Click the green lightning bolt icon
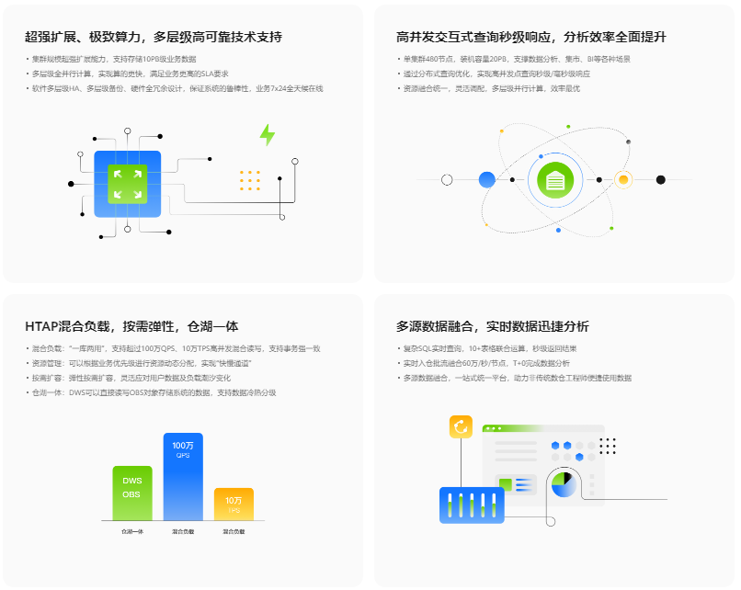pyautogui.click(x=268, y=135)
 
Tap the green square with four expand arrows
pyautogui.click(x=127, y=184)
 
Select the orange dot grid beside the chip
pyautogui.click(x=249, y=180)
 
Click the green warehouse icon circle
pyautogui.click(x=554, y=180)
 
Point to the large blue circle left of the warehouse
pyautogui.click(x=487, y=179)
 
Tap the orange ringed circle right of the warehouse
pyautogui.click(x=622, y=179)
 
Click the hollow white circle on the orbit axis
pyautogui.click(x=447, y=179)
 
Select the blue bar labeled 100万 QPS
pyautogui.click(x=183, y=477)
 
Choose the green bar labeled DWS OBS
pyautogui.click(x=132, y=494)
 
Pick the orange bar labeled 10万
pyautogui.click(x=234, y=505)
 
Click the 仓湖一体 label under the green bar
pyautogui.click(x=132, y=532)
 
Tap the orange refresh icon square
pyautogui.click(x=460, y=427)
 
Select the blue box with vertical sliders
pyautogui.click(x=472, y=505)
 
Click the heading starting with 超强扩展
pyautogui.click(x=154, y=38)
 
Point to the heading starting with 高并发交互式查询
pyautogui.click(x=531, y=38)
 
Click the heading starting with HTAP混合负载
pyautogui.click(x=131, y=326)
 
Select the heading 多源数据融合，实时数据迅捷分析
pyautogui.click(x=493, y=326)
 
